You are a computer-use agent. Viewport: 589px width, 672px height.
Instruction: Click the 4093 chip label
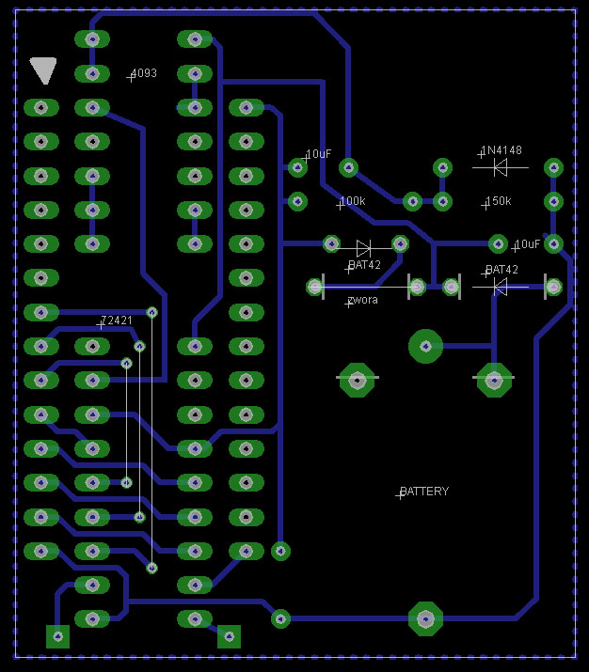144,73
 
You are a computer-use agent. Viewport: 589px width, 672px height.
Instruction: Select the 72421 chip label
117,320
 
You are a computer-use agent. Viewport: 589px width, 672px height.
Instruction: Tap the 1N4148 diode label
501,150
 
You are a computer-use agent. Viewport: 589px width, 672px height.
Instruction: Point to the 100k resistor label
352,201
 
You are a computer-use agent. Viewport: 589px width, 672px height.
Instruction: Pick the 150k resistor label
498,202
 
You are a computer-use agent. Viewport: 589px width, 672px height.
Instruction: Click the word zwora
362,300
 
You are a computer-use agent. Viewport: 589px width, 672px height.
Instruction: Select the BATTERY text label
424,492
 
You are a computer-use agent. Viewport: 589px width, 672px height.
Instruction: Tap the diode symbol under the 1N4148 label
501,167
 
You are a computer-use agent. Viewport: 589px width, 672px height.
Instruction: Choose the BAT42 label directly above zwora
364,265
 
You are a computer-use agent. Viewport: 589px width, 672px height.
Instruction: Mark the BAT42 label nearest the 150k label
501,270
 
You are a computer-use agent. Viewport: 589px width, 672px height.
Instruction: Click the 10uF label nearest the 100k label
318,154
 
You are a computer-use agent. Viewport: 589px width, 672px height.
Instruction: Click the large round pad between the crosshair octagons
425,346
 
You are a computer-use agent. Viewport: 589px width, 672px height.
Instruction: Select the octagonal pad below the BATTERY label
425,618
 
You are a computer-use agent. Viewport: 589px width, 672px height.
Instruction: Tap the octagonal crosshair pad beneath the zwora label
357,380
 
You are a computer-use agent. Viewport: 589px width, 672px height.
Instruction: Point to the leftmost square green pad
58,637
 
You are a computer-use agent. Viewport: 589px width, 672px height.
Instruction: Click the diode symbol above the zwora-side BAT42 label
364,248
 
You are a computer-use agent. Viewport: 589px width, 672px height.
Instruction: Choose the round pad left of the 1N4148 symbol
442,167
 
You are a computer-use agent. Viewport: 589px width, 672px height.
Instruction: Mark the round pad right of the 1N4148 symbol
553,168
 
